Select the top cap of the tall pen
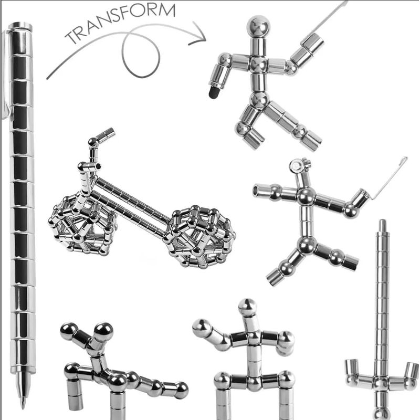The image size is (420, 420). (x=20, y=26)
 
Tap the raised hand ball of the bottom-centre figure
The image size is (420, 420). (x=202, y=328)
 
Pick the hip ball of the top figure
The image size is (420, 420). (x=259, y=100)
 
